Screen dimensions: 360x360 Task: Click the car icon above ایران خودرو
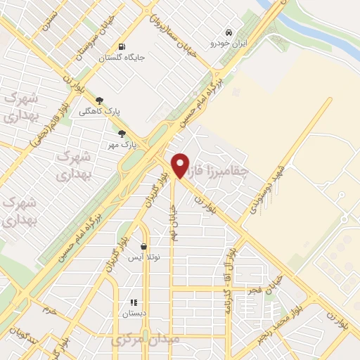(x=229, y=32)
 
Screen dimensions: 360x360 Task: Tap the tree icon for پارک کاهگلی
(x=98, y=101)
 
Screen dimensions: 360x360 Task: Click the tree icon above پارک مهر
(x=122, y=134)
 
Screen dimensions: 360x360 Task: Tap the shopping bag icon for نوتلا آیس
(x=144, y=247)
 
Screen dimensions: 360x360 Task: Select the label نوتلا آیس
(x=144, y=258)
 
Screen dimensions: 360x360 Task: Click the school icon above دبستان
(x=134, y=303)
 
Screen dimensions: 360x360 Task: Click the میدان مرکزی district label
(x=146, y=340)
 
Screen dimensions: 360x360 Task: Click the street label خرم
(x=49, y=309)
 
